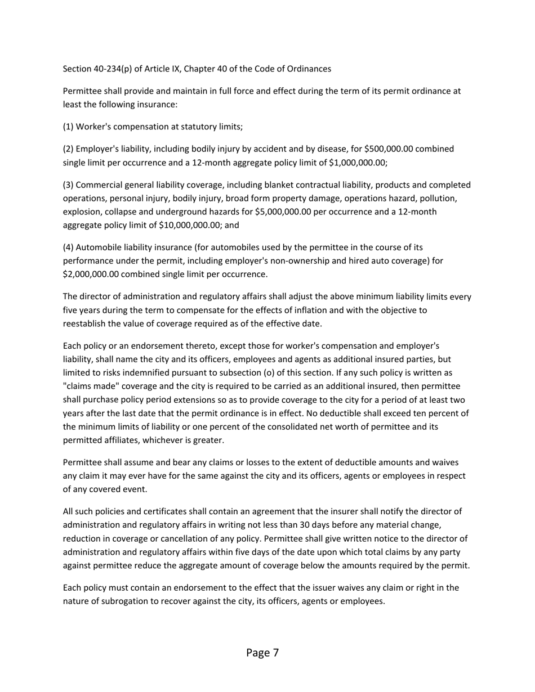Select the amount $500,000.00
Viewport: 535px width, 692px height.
(389, 149)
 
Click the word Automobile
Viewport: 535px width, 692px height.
(96, 247)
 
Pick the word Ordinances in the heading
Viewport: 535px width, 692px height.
(309, 69)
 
